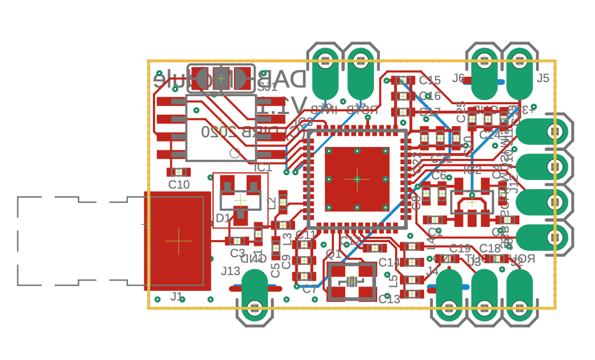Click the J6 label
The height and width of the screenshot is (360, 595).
[x=458, y=78]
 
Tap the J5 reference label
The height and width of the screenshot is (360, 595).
[x=543, y=78]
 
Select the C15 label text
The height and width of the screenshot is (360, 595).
[x=430, y=80]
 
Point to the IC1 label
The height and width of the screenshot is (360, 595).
[x=263, y=167]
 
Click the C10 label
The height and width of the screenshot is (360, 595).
[x=179, y=184]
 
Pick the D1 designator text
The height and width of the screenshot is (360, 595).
[x=223, y=218]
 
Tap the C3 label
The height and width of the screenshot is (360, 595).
[x=237, y=253]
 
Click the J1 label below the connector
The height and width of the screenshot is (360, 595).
[x=177, y=296]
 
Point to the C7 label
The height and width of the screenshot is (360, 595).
[x=310, y=289]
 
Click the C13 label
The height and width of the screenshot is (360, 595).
[x=389, y=299]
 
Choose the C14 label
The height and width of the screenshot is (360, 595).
[x=389, y=263]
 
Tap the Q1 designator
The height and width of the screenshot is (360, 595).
[x=333, y=254]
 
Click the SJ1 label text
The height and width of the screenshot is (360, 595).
[x=267, y=87]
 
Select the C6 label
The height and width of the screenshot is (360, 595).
[x=439, y=176]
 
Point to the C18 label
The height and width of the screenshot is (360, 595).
[x=490, y=248]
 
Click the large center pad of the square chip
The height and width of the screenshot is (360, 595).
[x=357, y=178]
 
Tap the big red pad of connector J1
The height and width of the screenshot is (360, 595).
[x=178, y=241]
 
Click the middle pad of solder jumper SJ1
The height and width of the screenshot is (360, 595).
[x=221, y=79]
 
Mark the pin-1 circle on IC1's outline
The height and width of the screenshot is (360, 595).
[x=235, y=153]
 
